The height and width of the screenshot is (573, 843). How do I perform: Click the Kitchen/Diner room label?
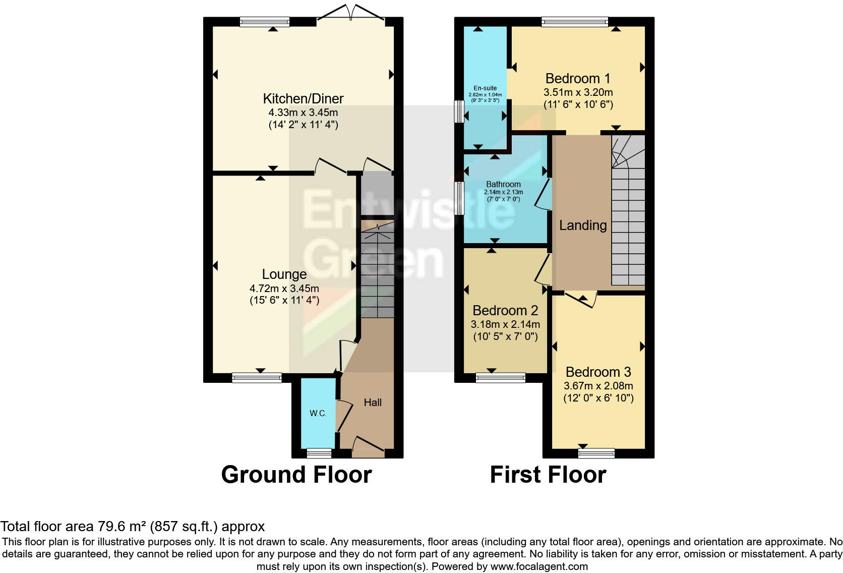pyautogui.click(x=303, y=98)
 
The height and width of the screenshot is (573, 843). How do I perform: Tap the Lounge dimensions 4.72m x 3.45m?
pyautogui.click(x=284, y=289)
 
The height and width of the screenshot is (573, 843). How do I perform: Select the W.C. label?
pyautogui.click(x=318, y=413)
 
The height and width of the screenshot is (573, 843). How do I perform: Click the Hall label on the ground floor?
pyautogui.click(x=373, y=402)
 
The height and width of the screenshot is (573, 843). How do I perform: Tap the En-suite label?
pyautogui.click(x=485, y=88)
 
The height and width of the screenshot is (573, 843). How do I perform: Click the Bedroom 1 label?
pyautogui.click(x=578, y=78)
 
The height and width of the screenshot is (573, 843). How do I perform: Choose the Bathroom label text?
pyautogui.click(x=503, y=184)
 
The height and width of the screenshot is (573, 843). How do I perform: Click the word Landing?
pyautogui.click(x=582, y=225)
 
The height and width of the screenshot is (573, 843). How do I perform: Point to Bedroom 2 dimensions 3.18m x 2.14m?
pyautogui.click(x=505, y=324)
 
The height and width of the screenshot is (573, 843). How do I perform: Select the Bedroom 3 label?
pyautogui.click(x=598, y=372)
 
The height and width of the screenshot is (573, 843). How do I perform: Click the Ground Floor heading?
pyautogui.click(x=296, y=475)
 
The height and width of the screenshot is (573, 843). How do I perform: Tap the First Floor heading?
pyautogui.click(x=548, y=475)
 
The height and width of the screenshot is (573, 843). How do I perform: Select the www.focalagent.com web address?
pyautogui.click(x=539, y=566)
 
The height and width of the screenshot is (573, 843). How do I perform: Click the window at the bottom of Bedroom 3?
pyautogui.click(x=596, y=453)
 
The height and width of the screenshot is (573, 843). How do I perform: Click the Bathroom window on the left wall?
pyautogui.click(x=459, y=198)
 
